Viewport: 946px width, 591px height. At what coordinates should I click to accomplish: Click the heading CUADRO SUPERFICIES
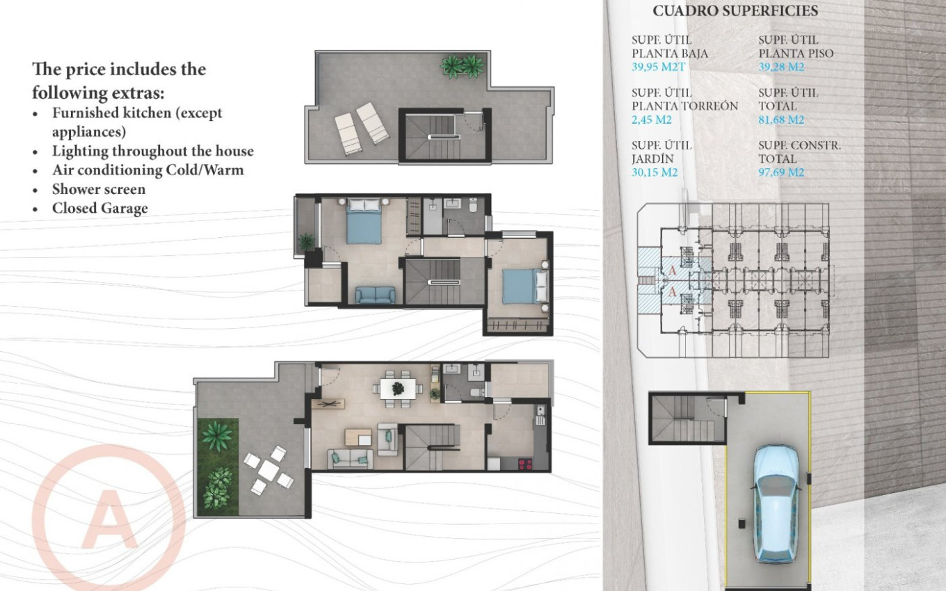coord(735,11)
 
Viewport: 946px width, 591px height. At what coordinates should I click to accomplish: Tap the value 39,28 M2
coord(781,67)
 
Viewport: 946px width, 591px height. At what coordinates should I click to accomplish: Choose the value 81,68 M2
coord(781,120)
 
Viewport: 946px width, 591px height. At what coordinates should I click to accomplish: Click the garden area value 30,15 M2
coord(655,172)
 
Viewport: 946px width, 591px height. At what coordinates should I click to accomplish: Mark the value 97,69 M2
coord(781,172)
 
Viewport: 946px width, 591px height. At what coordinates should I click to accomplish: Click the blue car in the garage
coord(778,503)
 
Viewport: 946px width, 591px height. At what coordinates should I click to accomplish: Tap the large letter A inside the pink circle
coord(109,519)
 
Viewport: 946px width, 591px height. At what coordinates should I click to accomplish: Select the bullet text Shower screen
coord(99,189)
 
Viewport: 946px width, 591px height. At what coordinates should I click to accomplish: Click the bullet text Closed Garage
coord(99,208)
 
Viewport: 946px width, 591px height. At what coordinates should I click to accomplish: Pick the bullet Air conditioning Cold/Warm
coord(147,170)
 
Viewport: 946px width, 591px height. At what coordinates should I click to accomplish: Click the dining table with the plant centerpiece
coord(399,388)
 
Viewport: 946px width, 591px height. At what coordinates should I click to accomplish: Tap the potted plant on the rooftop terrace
coord(462,65)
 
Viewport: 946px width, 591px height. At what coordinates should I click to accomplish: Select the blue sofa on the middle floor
coord(375,295)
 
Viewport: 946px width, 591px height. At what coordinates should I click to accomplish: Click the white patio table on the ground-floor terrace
coord(268,471)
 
